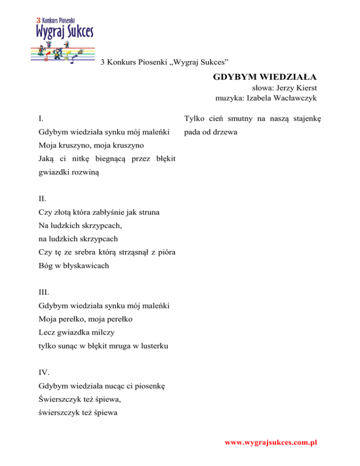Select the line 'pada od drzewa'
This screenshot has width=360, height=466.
210,132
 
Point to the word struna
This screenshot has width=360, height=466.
149,213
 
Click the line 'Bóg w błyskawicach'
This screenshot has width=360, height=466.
74,266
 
